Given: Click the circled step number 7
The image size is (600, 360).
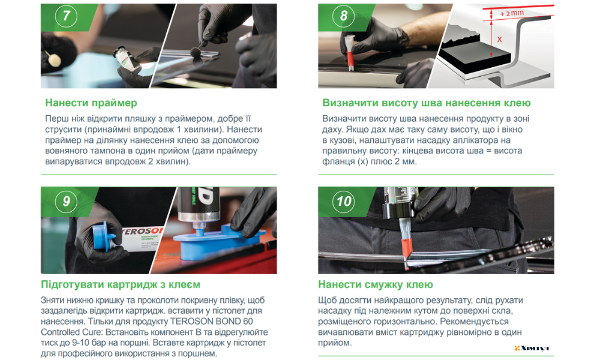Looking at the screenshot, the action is pos(66,16).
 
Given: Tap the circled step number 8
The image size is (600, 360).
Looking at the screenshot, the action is pos(343,16).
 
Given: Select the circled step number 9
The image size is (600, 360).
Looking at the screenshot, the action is pos(66,201).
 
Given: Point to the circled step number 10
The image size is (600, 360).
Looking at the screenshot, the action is pos(343,201).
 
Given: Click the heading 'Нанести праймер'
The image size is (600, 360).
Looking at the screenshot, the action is pos(91,103).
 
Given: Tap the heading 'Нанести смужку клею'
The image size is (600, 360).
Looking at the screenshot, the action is pos(376,284).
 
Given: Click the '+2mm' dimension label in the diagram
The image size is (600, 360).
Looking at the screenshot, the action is pos(512,13).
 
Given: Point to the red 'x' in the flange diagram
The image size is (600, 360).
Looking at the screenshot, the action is pos(499,40).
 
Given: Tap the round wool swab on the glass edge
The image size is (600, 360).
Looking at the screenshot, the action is pos(197,52).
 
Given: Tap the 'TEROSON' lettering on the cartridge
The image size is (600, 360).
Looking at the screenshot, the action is pos(142,232).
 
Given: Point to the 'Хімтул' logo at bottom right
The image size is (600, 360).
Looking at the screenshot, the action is pos(532,348).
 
